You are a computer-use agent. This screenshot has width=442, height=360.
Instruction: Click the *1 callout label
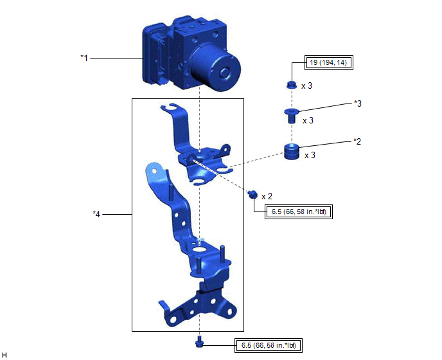click(84, 58)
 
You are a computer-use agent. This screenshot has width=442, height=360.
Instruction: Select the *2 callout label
click(357, 141)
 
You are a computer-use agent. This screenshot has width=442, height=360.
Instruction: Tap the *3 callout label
click(358, 104)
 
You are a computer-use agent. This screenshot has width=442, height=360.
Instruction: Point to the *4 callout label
click(96, 214)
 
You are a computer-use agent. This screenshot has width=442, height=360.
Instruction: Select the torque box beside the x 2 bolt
click(299, 212)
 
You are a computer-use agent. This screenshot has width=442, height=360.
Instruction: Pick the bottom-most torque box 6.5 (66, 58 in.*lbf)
click(269, 345)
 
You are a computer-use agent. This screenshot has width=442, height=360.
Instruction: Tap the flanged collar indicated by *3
click(292, 116)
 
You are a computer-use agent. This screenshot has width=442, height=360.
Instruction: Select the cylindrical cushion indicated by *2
click(292, 152)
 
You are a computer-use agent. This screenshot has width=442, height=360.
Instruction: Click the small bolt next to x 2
click(252, 194)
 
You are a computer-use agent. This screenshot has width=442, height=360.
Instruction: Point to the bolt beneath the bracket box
click(199, 341)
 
